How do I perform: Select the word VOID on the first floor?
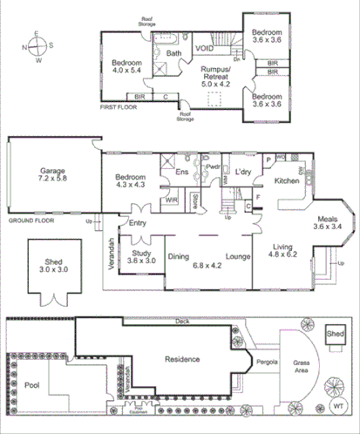[205, 50]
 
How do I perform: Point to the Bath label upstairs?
[174, 53]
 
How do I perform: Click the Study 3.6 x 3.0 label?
[139, 255]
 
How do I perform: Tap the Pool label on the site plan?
[31, 383]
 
